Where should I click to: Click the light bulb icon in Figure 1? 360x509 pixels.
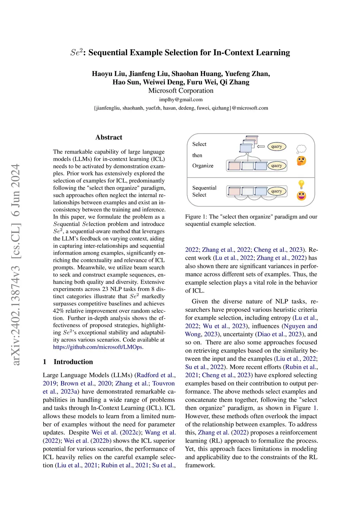301,184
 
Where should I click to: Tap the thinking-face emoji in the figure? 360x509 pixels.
301,161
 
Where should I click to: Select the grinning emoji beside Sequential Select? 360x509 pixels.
301,195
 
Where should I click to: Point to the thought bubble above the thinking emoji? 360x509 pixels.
301,149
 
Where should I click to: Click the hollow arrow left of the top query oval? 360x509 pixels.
261,147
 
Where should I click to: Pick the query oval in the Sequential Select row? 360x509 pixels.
277,191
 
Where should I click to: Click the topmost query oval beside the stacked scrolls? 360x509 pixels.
277,147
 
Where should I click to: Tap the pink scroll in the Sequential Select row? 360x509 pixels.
234,192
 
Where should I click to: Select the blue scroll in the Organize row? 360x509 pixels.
261,166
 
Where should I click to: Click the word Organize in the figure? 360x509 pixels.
203,166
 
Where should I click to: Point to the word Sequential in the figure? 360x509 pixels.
204,188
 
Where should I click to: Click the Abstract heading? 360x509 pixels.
109,137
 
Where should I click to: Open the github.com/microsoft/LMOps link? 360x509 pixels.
98,347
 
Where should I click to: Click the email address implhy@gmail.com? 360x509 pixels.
181,99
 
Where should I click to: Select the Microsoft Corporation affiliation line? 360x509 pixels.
181,91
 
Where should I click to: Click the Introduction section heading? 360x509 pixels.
73,362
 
